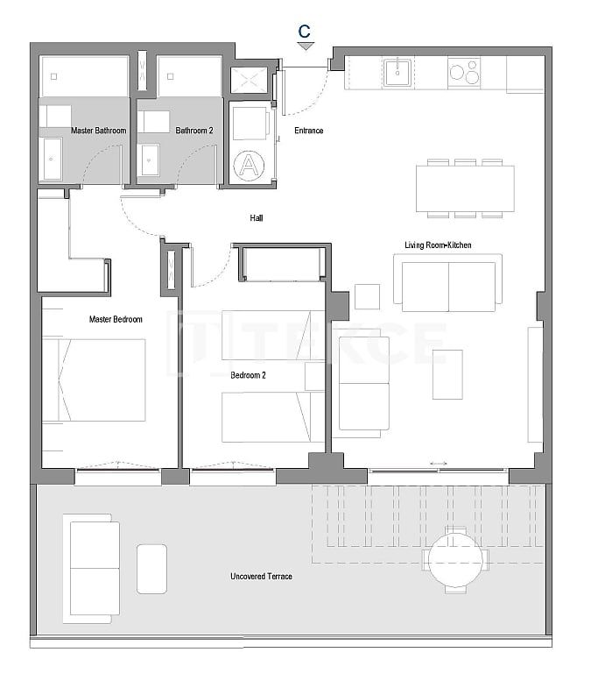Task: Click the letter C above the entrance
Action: (304, 31)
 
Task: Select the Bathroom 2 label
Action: (194, 131)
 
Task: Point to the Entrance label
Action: (308, 131)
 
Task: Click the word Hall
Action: (256, 218)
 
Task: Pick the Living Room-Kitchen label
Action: (438, 245)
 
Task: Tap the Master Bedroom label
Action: (116, 319)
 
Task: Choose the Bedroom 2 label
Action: (248, 374)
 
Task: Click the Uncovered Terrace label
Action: (261, 576)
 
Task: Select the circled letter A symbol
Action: (250, 164)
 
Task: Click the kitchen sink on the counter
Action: (398, 71)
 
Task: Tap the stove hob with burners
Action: (464, 71)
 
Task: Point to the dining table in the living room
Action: (465, 188)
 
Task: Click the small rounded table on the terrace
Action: (151, 568)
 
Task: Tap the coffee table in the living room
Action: (447, 374)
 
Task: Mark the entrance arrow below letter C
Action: (305, 46)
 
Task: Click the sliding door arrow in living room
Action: (439, 464)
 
